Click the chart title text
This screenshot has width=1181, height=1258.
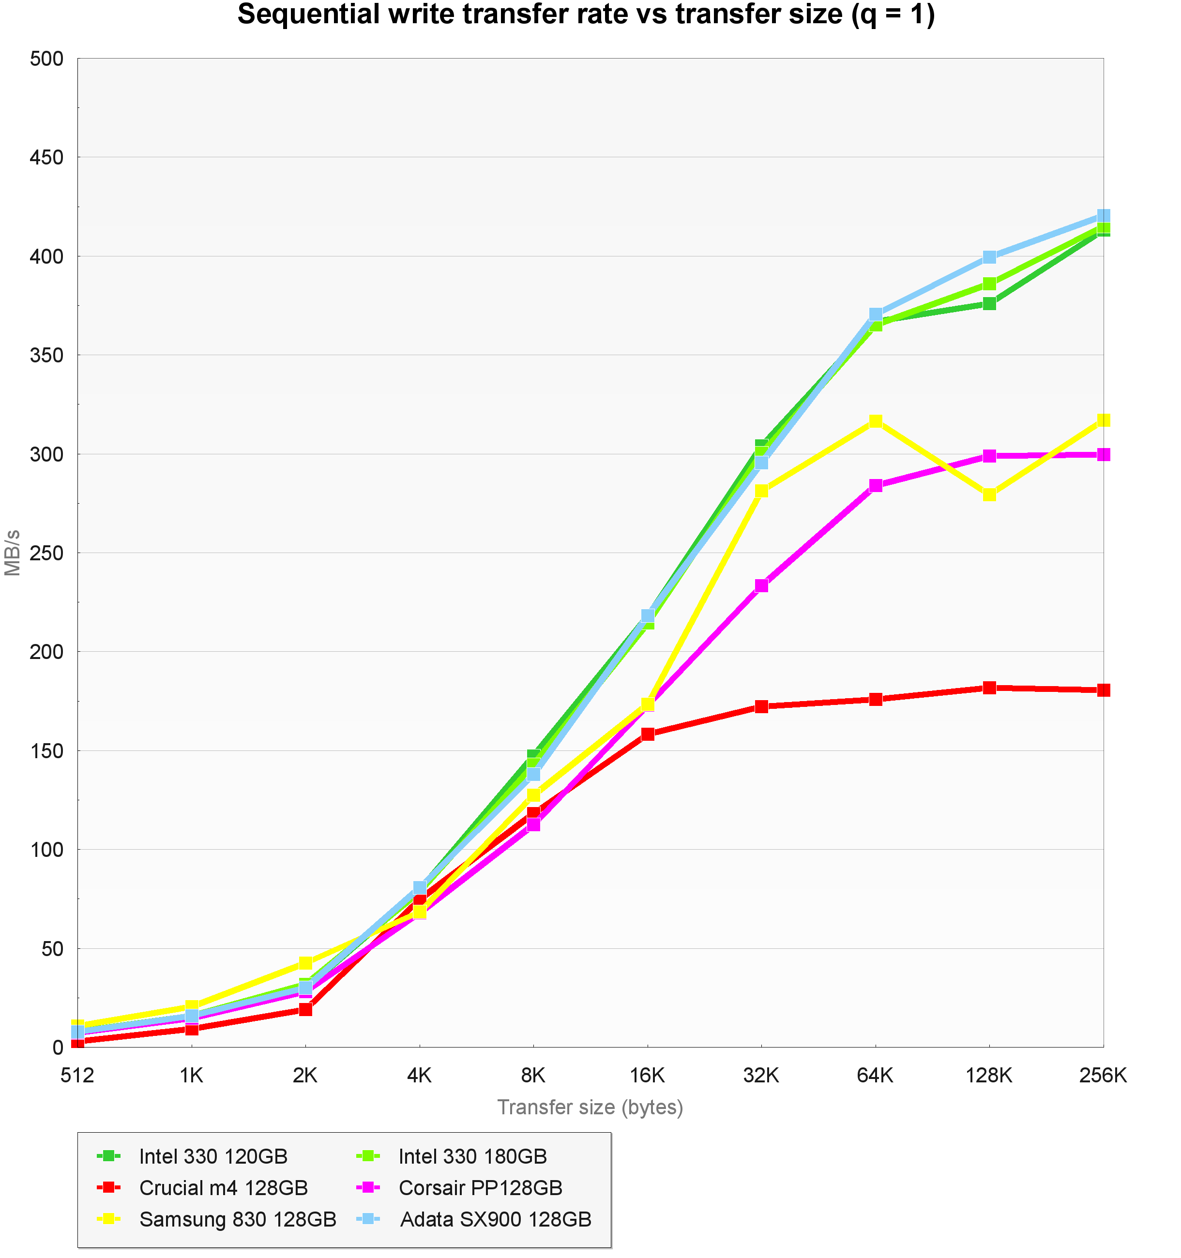coord(586,15)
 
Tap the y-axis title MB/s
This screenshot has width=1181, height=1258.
coord(13,553)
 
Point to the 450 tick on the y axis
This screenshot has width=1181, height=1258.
coord(47,158)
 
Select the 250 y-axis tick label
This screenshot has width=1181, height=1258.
coord(47,553)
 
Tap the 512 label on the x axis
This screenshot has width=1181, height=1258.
coord(77,1075)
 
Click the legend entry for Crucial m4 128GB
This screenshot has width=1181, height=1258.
coord(223,1188)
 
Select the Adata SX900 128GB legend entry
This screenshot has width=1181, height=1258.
coord(495,1219)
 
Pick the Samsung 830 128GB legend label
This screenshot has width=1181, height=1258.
coord(237,1219)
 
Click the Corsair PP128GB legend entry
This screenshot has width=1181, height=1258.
coord(480,1188)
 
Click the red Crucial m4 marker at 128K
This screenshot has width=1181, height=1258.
coord(989,688)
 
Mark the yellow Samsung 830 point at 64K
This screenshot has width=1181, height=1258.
coord(875,421)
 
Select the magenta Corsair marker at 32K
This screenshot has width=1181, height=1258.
coord(761,585)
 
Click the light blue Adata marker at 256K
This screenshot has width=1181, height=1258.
coord(1103,216)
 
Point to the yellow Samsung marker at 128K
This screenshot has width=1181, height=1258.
coord(989,494)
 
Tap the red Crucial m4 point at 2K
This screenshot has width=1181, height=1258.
coord(305,1009)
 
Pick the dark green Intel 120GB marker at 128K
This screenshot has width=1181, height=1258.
coord(989,304)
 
